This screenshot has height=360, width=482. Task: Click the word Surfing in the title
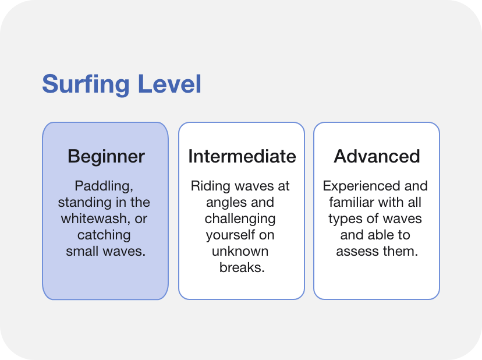[x=86, y=84]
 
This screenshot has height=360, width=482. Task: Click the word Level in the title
[x=169, y=83]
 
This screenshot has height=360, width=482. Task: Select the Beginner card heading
[x=106, y=157]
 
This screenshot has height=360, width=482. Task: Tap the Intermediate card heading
[x=242, y=156]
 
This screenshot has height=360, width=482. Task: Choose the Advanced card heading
[x=377, y=156]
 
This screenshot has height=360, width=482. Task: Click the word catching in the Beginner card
[x=104, y=236]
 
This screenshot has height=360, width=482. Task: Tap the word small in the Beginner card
[x=83, y=251]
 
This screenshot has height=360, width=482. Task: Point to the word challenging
[x=240, y=220]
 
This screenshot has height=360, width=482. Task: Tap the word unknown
[x=240, y=251]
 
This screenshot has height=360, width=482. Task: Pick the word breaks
[x=242, y=267]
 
